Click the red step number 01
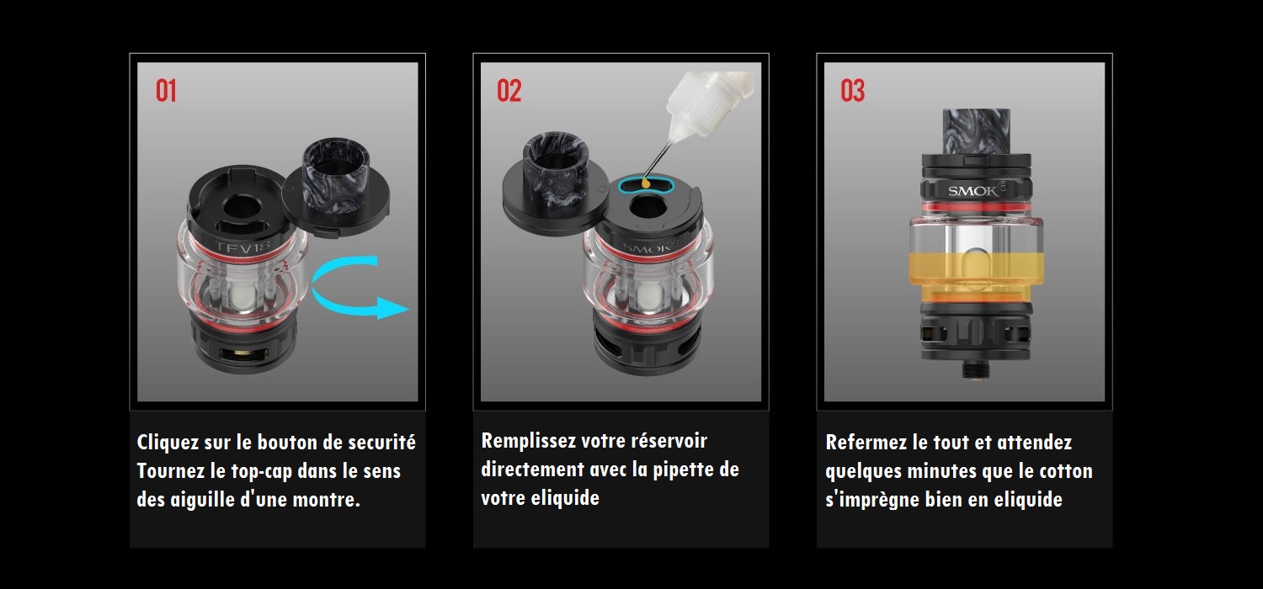click(x=166, y=91)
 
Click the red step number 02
click(x=509, y=91)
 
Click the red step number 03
click(x=852, y=91)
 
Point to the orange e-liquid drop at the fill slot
click(x=646, y=182)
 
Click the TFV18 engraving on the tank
click(x=243, y=247)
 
